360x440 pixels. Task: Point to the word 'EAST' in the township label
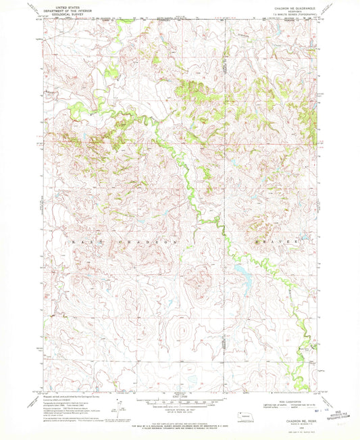76,241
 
